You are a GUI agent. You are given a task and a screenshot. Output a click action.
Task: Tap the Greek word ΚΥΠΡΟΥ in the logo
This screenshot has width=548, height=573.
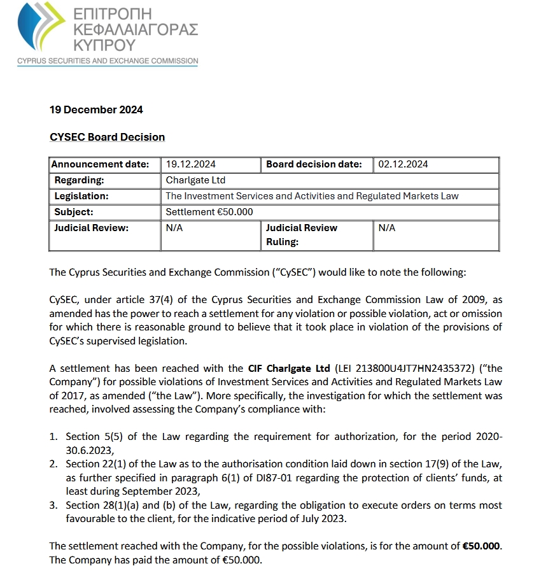tap(105, 45)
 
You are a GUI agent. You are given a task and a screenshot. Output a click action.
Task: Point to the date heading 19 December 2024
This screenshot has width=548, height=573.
tap(96, 110)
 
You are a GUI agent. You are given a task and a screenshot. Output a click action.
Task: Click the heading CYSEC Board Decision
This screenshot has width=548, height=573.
tap(107, 137)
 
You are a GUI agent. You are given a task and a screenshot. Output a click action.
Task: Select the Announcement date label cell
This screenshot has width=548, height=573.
tap(104, 164)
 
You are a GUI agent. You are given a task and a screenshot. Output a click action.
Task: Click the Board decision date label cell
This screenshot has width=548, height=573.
tap(314, 164)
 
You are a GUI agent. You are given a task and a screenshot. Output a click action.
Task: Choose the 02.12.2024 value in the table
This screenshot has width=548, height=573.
tap(403, 164)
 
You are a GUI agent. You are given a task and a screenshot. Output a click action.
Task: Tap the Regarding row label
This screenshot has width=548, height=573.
tap(79, 180)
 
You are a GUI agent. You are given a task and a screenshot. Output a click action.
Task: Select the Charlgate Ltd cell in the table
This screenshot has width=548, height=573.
tap(195, 180)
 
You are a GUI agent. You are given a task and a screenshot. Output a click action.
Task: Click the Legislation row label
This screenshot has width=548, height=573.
tap(81, 196)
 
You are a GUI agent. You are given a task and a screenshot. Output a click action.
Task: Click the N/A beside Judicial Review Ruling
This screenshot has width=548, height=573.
tap(386, 228)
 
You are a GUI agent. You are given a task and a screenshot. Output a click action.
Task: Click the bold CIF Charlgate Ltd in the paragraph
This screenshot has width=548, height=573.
tap(289, 369)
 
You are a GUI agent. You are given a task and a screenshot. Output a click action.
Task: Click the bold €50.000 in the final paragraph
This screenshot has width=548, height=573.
tap(481, 547)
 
